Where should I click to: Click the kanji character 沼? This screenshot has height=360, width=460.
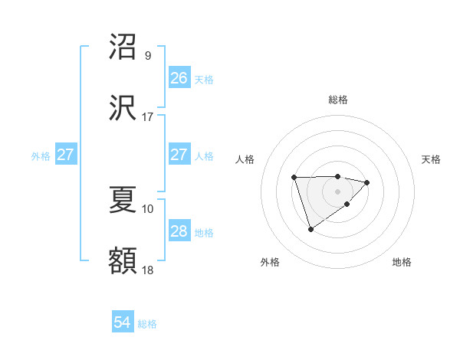(x=123, y=47)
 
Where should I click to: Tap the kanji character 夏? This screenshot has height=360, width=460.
(x=123, y=199)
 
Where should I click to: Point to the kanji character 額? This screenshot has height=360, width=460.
(x=123, y=260)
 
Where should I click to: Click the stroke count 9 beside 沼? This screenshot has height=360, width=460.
(x=148, y=56)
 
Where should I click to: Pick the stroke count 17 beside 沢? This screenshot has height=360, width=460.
(x=148, y=116)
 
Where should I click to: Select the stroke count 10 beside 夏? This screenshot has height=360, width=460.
(x=148, y=208)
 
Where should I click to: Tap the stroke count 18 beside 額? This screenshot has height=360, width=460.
(x=148, y=270)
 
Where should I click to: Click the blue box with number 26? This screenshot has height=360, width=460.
(x=179, y=78)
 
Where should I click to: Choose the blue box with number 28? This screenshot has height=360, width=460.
(x=179, y=231)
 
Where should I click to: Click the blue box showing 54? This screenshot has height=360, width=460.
(x=123, y=323)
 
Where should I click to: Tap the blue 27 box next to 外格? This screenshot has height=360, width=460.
(x=66, y=155)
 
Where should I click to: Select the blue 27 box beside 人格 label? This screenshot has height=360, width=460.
(x=179, y=155)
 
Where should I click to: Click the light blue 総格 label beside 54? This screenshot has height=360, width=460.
(x=147, y=324)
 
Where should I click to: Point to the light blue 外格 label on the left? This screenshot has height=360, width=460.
(x=41, y=155)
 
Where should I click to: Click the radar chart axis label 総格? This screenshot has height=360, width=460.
(x=338, y=100)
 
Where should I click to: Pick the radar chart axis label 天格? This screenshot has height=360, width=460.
(x=431, y=159)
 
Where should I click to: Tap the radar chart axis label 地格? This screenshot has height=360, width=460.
(x=402, y=262)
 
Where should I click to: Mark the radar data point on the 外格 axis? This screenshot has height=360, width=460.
(x=310, y=229)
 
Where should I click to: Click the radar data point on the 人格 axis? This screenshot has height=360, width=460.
(x=294, y=178)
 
